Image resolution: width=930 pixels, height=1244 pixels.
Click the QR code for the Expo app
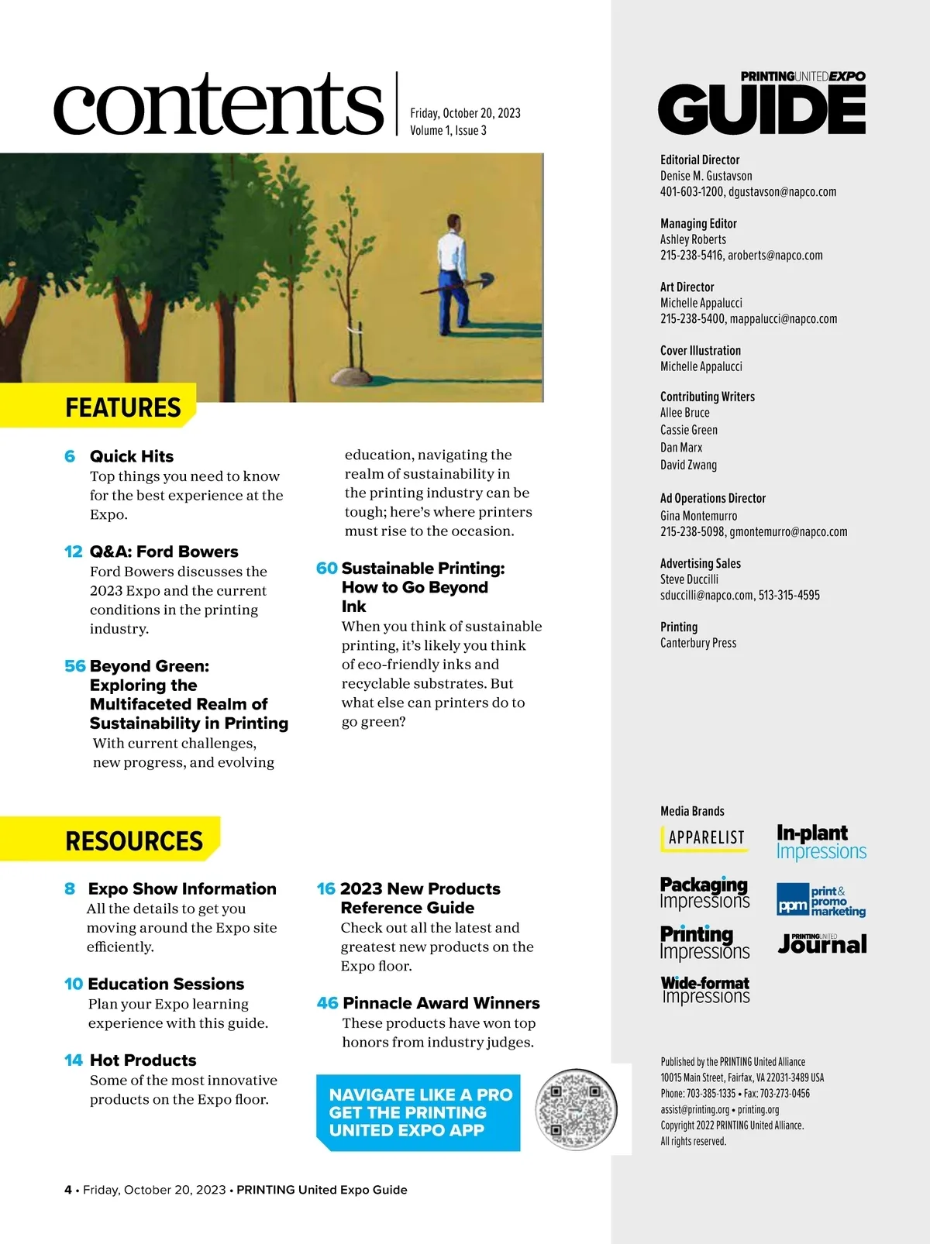point(576,1111)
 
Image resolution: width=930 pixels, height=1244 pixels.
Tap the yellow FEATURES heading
point(122,407)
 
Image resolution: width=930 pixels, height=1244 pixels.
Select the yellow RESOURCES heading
point(133,840)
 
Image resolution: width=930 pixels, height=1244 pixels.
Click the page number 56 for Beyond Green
point(74,666)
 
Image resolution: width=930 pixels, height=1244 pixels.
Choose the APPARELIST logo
point(705,838)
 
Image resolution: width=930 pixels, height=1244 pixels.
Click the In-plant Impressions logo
point(821,842)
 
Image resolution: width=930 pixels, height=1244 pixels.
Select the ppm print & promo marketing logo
point(821,901)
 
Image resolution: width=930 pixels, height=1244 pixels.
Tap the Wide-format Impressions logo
point(705,989)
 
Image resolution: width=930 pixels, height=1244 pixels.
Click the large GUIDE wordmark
point(762,111)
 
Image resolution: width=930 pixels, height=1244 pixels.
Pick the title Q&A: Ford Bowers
point(164,552)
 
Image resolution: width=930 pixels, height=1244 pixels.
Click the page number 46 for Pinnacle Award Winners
point(327,1003)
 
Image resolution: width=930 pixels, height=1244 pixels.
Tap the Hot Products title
point(143,1060)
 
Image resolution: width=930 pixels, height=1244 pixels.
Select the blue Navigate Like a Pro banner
point(418,1112)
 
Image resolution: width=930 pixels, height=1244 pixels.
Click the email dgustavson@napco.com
point(782,192)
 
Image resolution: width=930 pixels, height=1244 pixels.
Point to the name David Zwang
point(688,465)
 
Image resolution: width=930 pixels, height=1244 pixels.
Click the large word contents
point(219,105)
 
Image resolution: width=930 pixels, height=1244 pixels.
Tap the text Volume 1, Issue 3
point(448,130)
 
